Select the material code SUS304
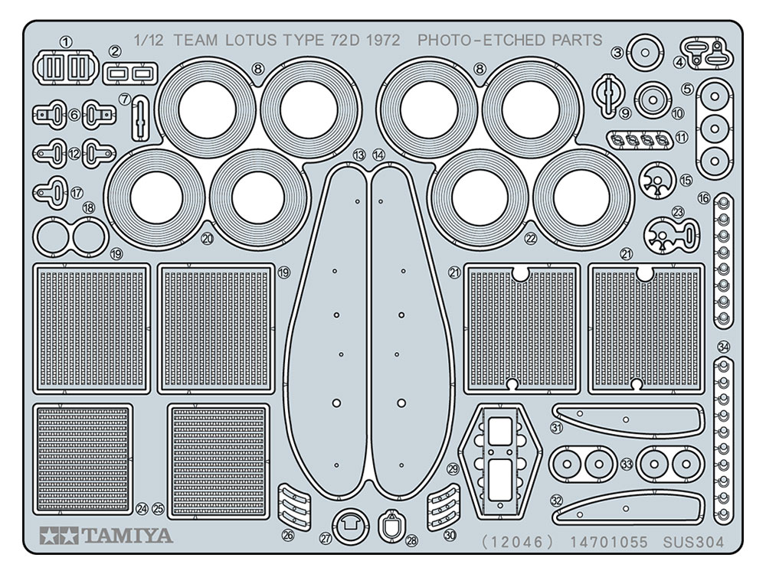point(694,543)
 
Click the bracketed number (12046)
point(517,543)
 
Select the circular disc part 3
point(645,54)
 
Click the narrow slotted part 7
point(139,118)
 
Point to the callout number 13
point(358,155)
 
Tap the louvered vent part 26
point(293,503)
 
